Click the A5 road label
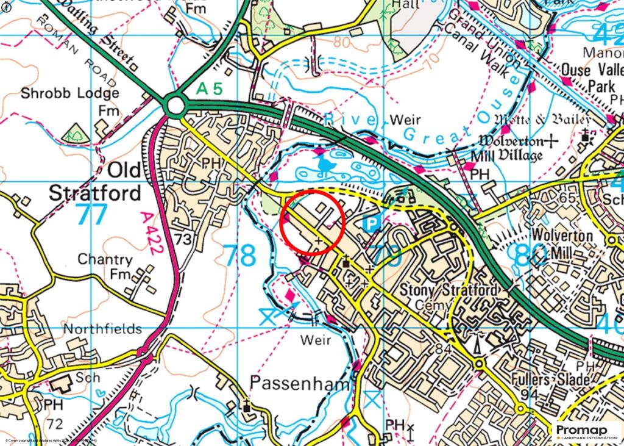(x=210, y=89)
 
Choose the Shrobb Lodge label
(x=69, y=93)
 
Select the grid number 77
(x=92, y=215)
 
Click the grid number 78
(x=239, y=256)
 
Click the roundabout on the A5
(x=175, y=105)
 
